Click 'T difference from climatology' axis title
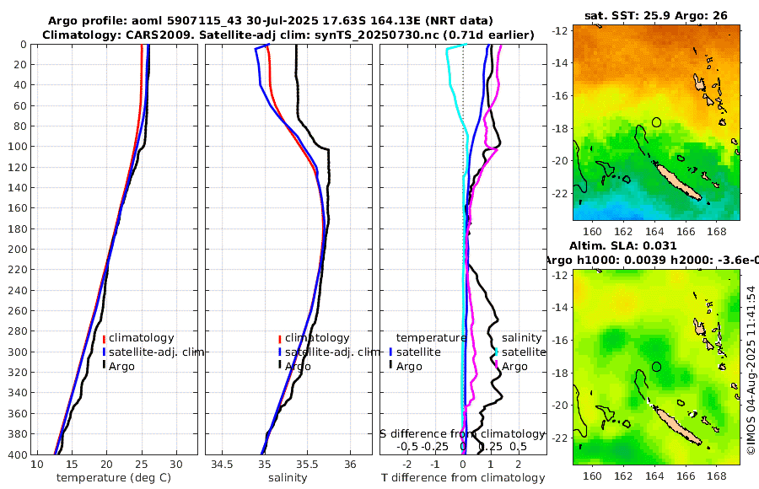[x=462, y=478]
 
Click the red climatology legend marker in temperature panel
[x=104, y=338]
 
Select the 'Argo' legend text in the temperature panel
[x=123, y=366]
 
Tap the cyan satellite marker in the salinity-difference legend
[x=496, y=352]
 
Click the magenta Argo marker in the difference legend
[x=496, y=366]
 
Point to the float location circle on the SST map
[x=657, y=122]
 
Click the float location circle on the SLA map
[x=657, y=367]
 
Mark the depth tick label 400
[x=17, y=454]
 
